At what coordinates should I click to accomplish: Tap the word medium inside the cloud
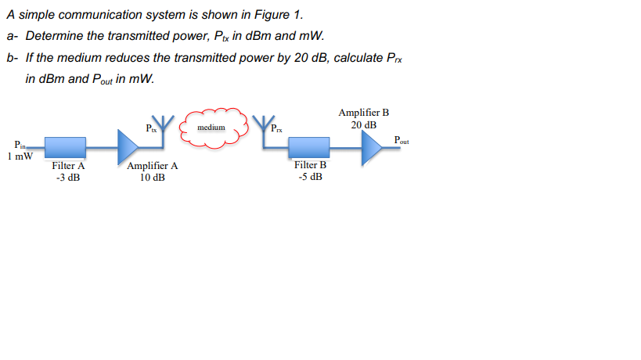click(x=211, y=127)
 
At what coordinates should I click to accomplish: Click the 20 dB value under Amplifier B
click(x=363, y=124)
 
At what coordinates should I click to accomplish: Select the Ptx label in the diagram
click(x=151, y=128)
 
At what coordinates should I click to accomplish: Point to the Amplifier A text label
click(x=152, y=166)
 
